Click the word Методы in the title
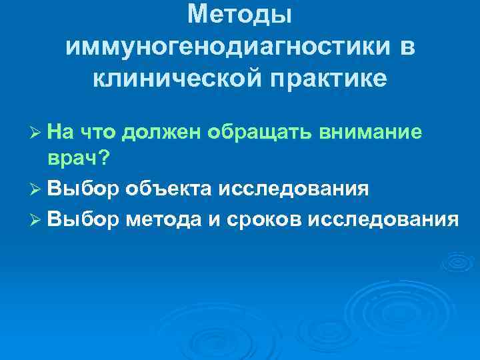[x=240, y=15]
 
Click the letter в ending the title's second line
[x=407, y=47]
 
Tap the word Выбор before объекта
[x=83, y=189]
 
